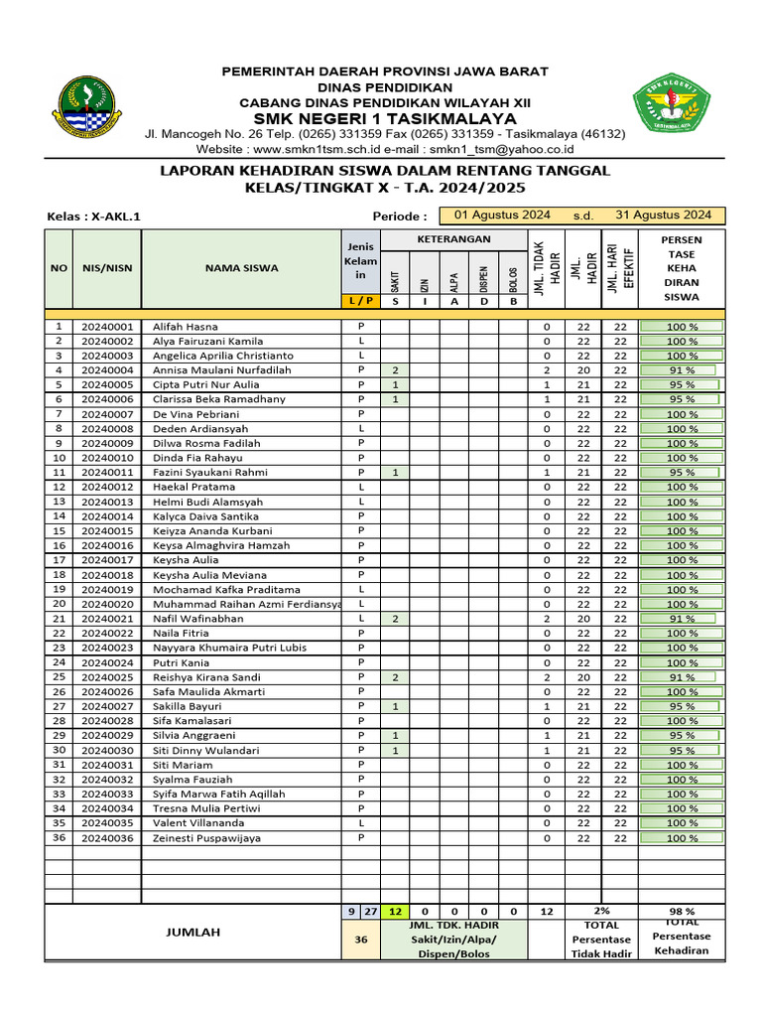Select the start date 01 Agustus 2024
pyautogui.click(x=502, y=215)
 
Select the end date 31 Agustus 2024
pyautogui.click(x=663, y=215)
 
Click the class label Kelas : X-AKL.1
pyautogui.click(x=101, y=217)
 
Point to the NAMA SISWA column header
pyautogui.click(x=241, y=267)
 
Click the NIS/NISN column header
pyautogui.click(x=107, y=267)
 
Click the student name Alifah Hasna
pyautogui.click(x=186, y=326)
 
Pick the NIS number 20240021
pyautogui.click(x=107, y=619)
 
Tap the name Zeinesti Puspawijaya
pyautogui.click(x=206, y=838)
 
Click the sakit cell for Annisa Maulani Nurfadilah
pyautogui.click(x=395, y=370)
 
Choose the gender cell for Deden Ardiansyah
pyautogui.click(x=361, y=428)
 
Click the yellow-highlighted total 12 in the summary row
pyautogui.click(x=395, y=911)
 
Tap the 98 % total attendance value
pyautogui.click(x=682, y=911)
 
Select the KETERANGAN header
pyautogui.click(x=453, y=239)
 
